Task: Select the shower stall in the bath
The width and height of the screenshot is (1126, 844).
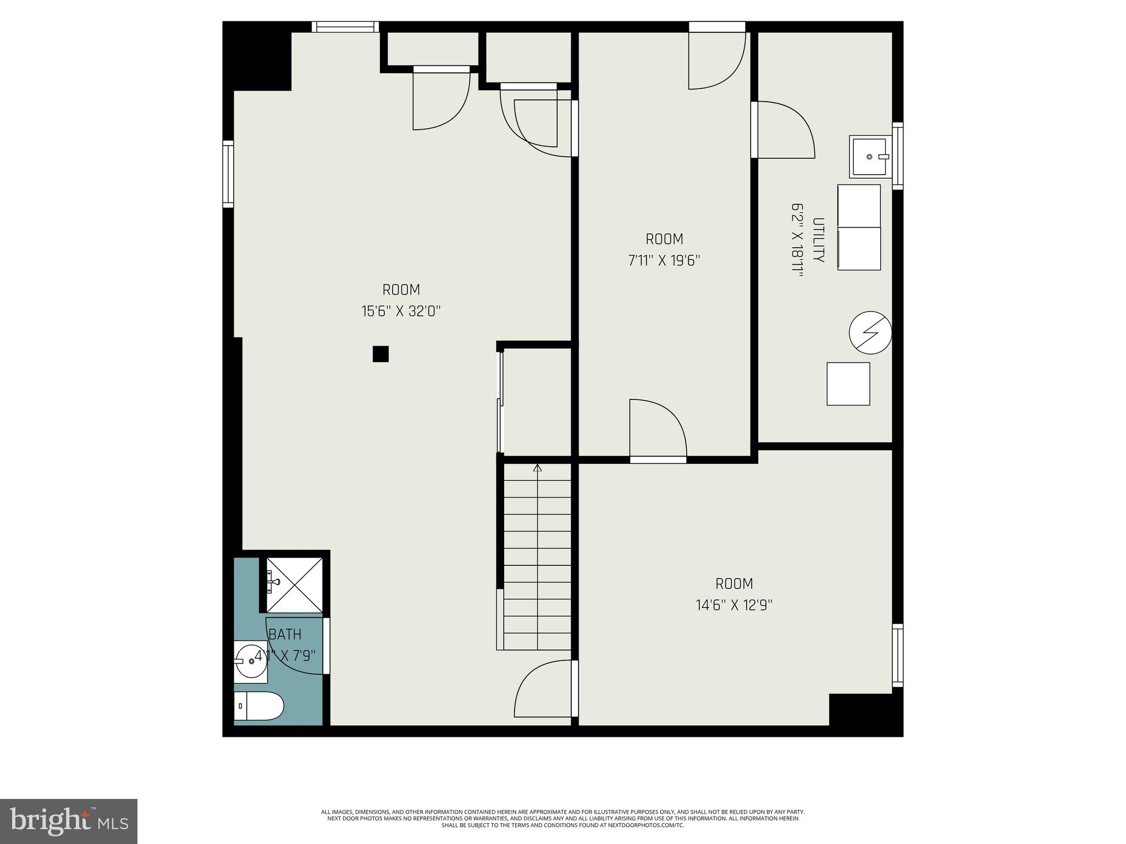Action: (295, 585)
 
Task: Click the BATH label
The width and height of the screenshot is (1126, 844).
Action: (285, 635)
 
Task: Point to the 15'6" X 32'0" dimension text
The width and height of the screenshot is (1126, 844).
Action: (401, 312)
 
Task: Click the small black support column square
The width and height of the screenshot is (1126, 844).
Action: (380, 354)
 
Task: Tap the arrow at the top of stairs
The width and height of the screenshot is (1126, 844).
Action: (538, 468)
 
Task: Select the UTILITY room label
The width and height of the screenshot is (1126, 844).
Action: (819, 240)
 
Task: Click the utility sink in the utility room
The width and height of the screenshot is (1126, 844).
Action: (869, 157)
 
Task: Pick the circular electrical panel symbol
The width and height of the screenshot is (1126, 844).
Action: (870, 332)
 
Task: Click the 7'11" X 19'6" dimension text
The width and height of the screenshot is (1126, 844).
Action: (664, 260)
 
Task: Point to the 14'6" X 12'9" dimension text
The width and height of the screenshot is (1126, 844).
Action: (734, 606)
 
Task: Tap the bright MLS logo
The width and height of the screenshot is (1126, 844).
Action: (69, 821)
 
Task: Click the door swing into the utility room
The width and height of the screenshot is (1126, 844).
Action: (783, 131)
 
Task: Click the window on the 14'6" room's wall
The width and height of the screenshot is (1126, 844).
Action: (897, 656)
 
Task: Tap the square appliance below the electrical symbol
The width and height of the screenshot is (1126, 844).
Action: (848, 384)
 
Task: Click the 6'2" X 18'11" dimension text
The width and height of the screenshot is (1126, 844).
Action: (797, 240)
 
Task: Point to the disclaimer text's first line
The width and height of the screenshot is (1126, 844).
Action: (562, 812)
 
